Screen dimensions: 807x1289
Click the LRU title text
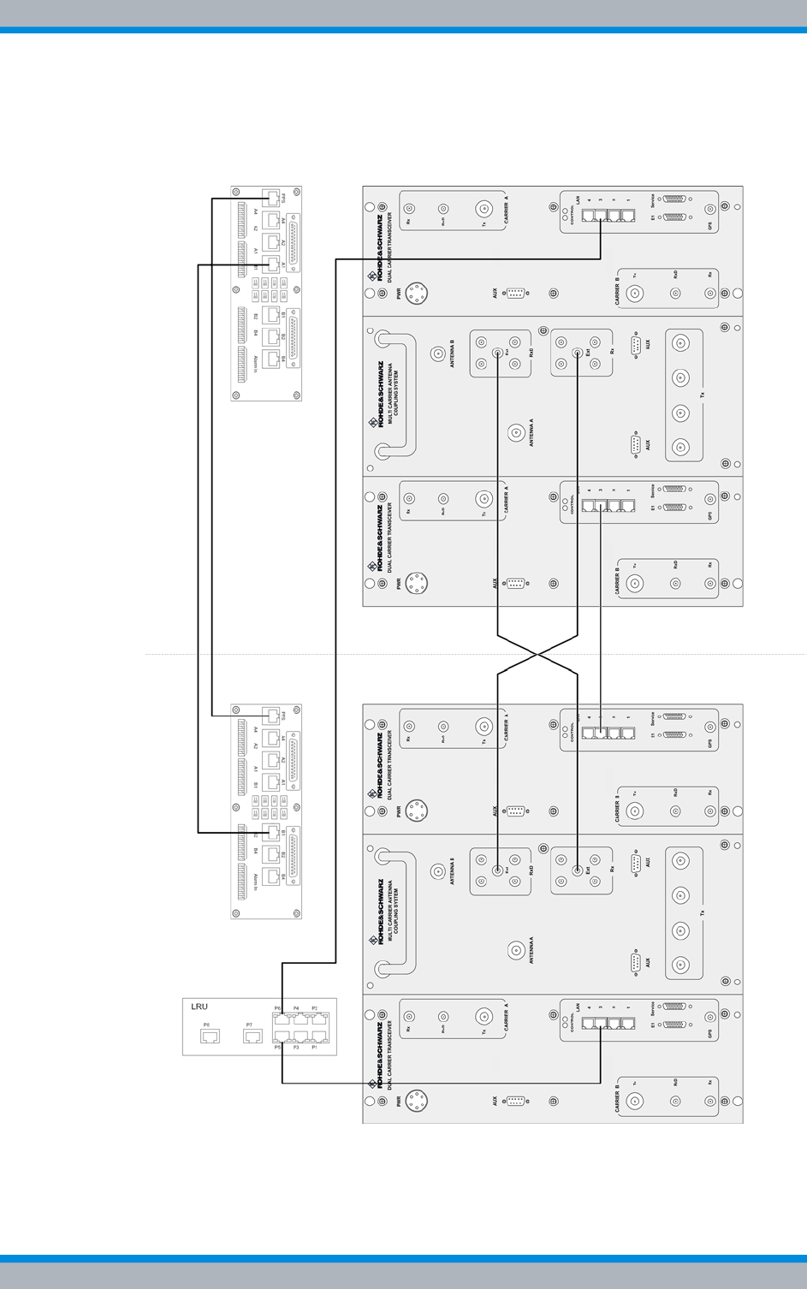[199, 1007]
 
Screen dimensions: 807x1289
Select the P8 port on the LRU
[210, 1037]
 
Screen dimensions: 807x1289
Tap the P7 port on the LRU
[252, 1037]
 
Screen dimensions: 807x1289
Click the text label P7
[249, 1025]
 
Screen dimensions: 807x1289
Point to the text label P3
[296, 1047]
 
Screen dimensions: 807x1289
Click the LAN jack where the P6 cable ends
[601, 216]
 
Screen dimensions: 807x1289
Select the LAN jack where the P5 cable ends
[601, 1024]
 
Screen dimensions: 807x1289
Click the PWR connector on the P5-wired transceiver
[417, 1101]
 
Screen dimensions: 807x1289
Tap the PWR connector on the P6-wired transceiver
[417, 293]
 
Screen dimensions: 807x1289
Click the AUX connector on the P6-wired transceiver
[515, 293]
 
